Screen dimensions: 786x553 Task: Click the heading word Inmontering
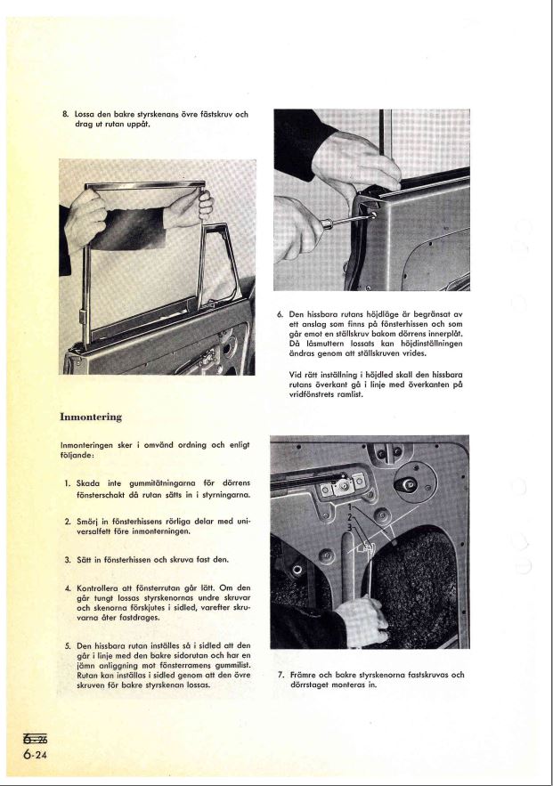(x=90, y=417)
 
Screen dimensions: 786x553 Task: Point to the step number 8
(x=64, y=114)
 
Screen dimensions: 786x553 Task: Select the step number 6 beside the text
(x=281, y=314)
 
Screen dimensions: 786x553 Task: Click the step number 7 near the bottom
(x=281, y=674)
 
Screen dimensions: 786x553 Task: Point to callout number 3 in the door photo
(x=350, y=529)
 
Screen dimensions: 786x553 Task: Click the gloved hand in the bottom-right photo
(x=360, y=616)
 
